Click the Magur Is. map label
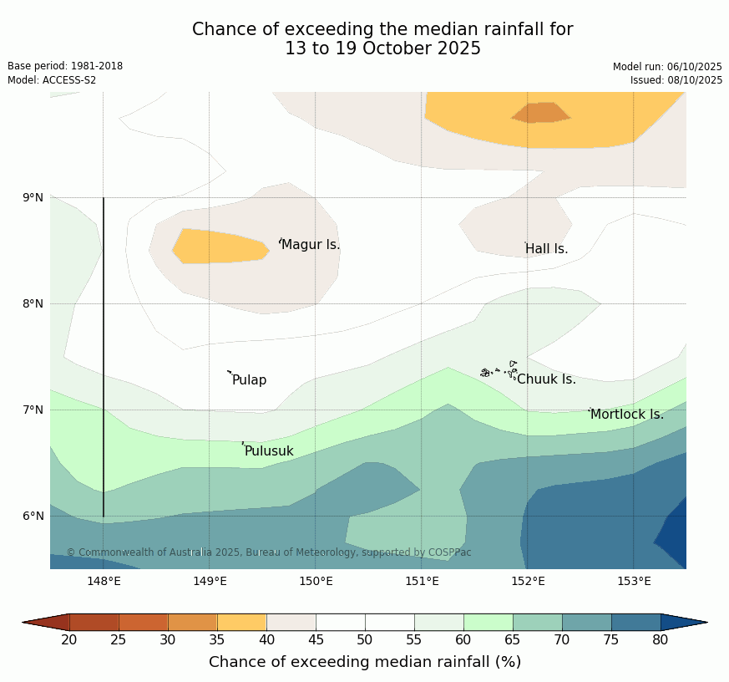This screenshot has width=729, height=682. pyautogui.click(x=311, y=245)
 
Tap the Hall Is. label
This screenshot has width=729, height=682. pyautogui.click(x=547, y=249)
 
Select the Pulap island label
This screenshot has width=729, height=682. pyautogui.click(x=249, y=380)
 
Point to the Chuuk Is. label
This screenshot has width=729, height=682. pyautogui.click(x=546, y=379)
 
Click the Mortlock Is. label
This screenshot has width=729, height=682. pyautogui.click(x=626, y=415)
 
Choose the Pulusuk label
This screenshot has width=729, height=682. pyautogui.click(x=269, y=451)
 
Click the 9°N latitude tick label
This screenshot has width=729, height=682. pyautogui.click(x=33, y=198)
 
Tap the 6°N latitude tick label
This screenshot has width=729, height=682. pyautogui.click(x=33, y=516)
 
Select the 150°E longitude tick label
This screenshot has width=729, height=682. pyautogui.click(x=316, y=582)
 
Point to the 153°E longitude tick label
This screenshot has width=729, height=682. pyautogui.click(x=633, y=582)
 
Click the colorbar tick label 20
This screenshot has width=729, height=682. pyautogui.click(x=69, y=640)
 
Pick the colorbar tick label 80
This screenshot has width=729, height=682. pyautogui.click(x=660, y=640)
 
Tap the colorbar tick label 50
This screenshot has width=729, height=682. pyautogui.click(x=365, y=640)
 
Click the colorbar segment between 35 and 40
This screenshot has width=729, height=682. pyautogui.click(x=242, y=622)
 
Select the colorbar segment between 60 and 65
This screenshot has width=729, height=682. pyautogui.click(x=489, y=622)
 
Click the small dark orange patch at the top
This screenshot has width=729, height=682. pyautogui.click(x=541, y=113)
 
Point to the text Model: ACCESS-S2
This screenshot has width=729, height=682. pyautogui.click(x=52, y=80)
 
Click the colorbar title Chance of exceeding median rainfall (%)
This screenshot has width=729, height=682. pyautogui.click(x=365, y=662)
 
